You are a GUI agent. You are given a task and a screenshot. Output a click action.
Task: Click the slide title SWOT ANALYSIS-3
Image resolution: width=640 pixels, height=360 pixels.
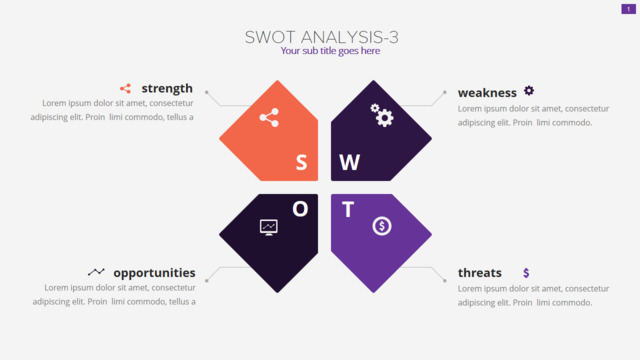(322, 38)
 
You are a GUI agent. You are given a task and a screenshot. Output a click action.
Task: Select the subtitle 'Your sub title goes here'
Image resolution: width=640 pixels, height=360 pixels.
(330, 51)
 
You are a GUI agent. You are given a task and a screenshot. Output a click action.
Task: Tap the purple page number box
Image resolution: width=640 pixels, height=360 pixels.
(628, 9)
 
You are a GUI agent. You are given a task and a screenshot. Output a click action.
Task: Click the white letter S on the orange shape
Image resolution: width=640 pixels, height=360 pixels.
(301, 162)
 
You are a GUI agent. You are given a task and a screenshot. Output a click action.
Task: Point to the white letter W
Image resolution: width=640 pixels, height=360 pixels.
(349, 162)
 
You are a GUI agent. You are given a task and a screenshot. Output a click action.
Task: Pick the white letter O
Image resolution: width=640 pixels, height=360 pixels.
(300, 209)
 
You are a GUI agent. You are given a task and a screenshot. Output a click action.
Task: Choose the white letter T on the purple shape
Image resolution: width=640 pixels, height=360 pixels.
(348, 210)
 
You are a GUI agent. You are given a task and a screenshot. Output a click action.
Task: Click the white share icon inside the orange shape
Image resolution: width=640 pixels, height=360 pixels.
(269, 118)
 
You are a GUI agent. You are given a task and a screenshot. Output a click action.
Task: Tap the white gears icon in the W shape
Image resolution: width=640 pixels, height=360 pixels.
(382, 115)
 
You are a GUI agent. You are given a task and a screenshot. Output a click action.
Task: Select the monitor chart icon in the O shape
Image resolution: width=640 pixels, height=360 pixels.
(269, 227)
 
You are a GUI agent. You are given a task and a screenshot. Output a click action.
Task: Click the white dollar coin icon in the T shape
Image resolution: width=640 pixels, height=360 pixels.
(382, 226)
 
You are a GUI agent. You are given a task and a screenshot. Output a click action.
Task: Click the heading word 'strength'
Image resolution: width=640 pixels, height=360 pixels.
(167, 89)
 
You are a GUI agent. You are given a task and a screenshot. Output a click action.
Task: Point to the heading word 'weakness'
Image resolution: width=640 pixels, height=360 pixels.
(487, 93)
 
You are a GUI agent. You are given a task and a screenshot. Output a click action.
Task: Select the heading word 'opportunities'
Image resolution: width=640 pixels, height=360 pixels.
(154, 273)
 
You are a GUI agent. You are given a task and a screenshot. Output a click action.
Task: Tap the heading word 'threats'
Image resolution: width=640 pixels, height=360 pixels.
(480, 273)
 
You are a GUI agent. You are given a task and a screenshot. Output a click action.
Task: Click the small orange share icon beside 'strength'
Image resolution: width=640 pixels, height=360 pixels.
(125, 89)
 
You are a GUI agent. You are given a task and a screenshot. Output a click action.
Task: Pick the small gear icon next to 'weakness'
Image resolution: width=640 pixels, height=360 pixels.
(529, 90)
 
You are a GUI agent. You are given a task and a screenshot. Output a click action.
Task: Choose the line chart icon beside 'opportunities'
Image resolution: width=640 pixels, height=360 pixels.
(96, 272)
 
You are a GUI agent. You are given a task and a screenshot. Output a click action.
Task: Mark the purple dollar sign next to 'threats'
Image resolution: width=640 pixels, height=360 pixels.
(526, 273)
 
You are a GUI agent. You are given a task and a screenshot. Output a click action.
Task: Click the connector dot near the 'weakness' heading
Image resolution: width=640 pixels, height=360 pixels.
(444, 92)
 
